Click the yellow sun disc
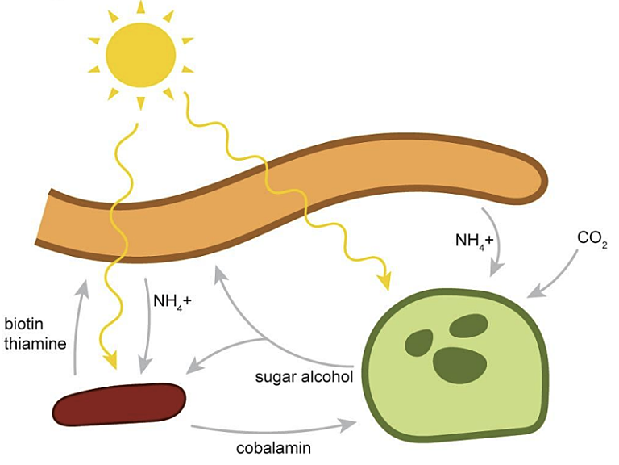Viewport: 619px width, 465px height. tap(141, 54)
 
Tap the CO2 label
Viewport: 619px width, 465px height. tap(592, 239)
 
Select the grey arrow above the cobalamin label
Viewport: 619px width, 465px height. tap(274, 425)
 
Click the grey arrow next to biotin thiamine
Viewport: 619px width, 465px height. tap(79, 323)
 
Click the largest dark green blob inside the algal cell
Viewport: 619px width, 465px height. tap(455, 365)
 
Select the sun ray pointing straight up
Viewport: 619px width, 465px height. tap(141, 7)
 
